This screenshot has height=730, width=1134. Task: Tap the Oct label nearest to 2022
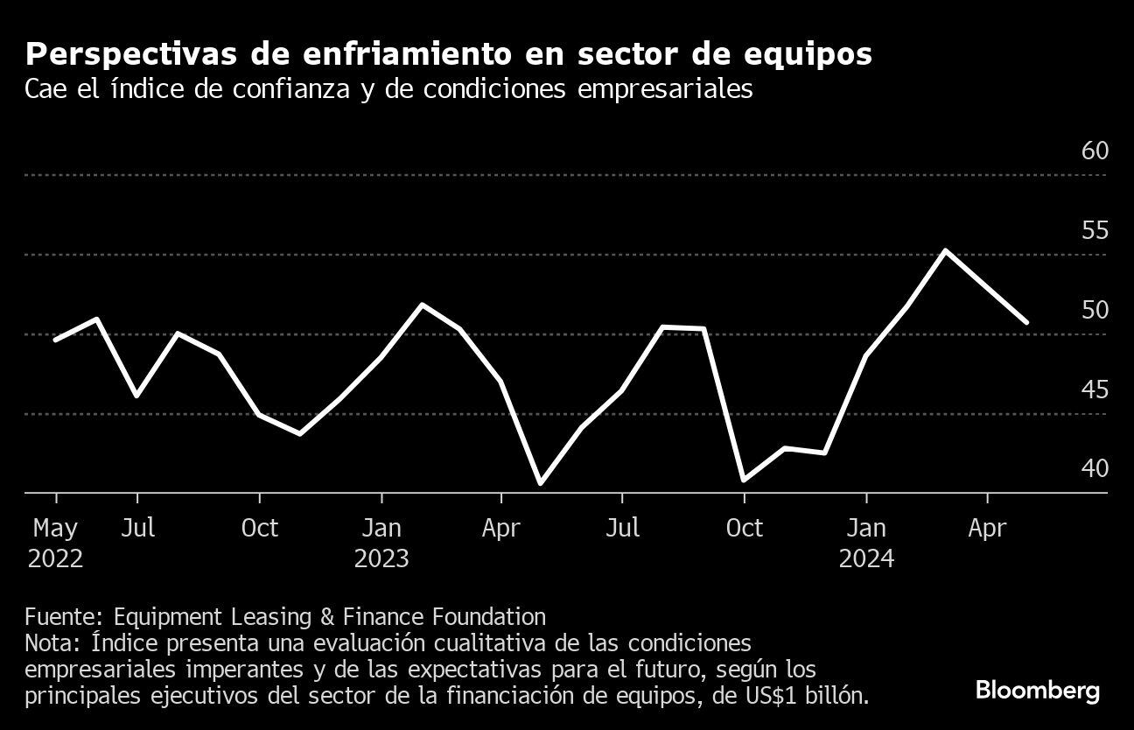(x=260, y=529)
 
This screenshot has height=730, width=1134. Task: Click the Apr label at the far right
(x=988, y=529)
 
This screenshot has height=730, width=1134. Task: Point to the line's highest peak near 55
(x=945, y=251)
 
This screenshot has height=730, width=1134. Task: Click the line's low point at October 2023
(x=744, y=480)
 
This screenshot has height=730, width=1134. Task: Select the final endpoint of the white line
(x=1027, y=322)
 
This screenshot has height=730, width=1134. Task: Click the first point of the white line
(x=55, y=340)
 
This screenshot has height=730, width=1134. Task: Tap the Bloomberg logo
(x=1038, y=691)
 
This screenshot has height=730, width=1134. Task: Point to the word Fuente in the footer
(x=61, y=616)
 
